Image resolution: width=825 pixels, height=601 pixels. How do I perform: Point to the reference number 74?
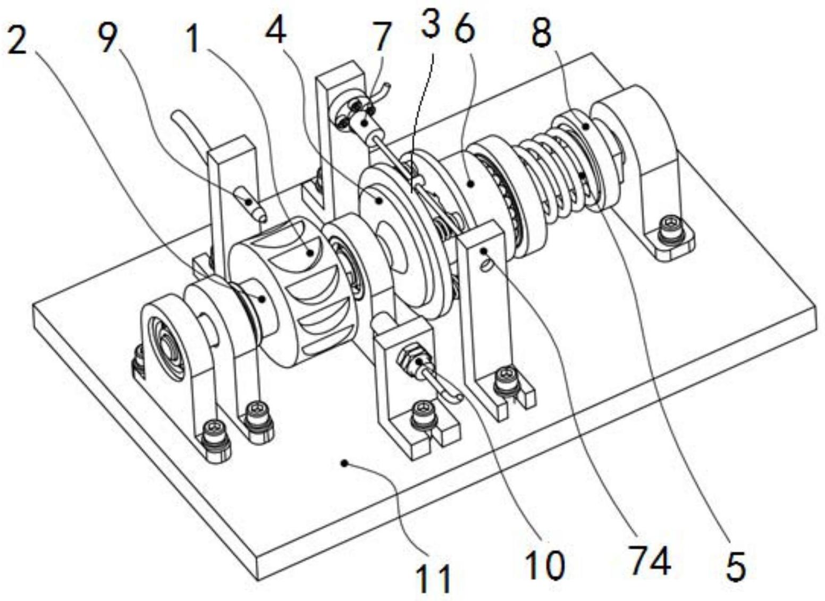650,560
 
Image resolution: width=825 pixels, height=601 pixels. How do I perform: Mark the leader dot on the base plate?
344,463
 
